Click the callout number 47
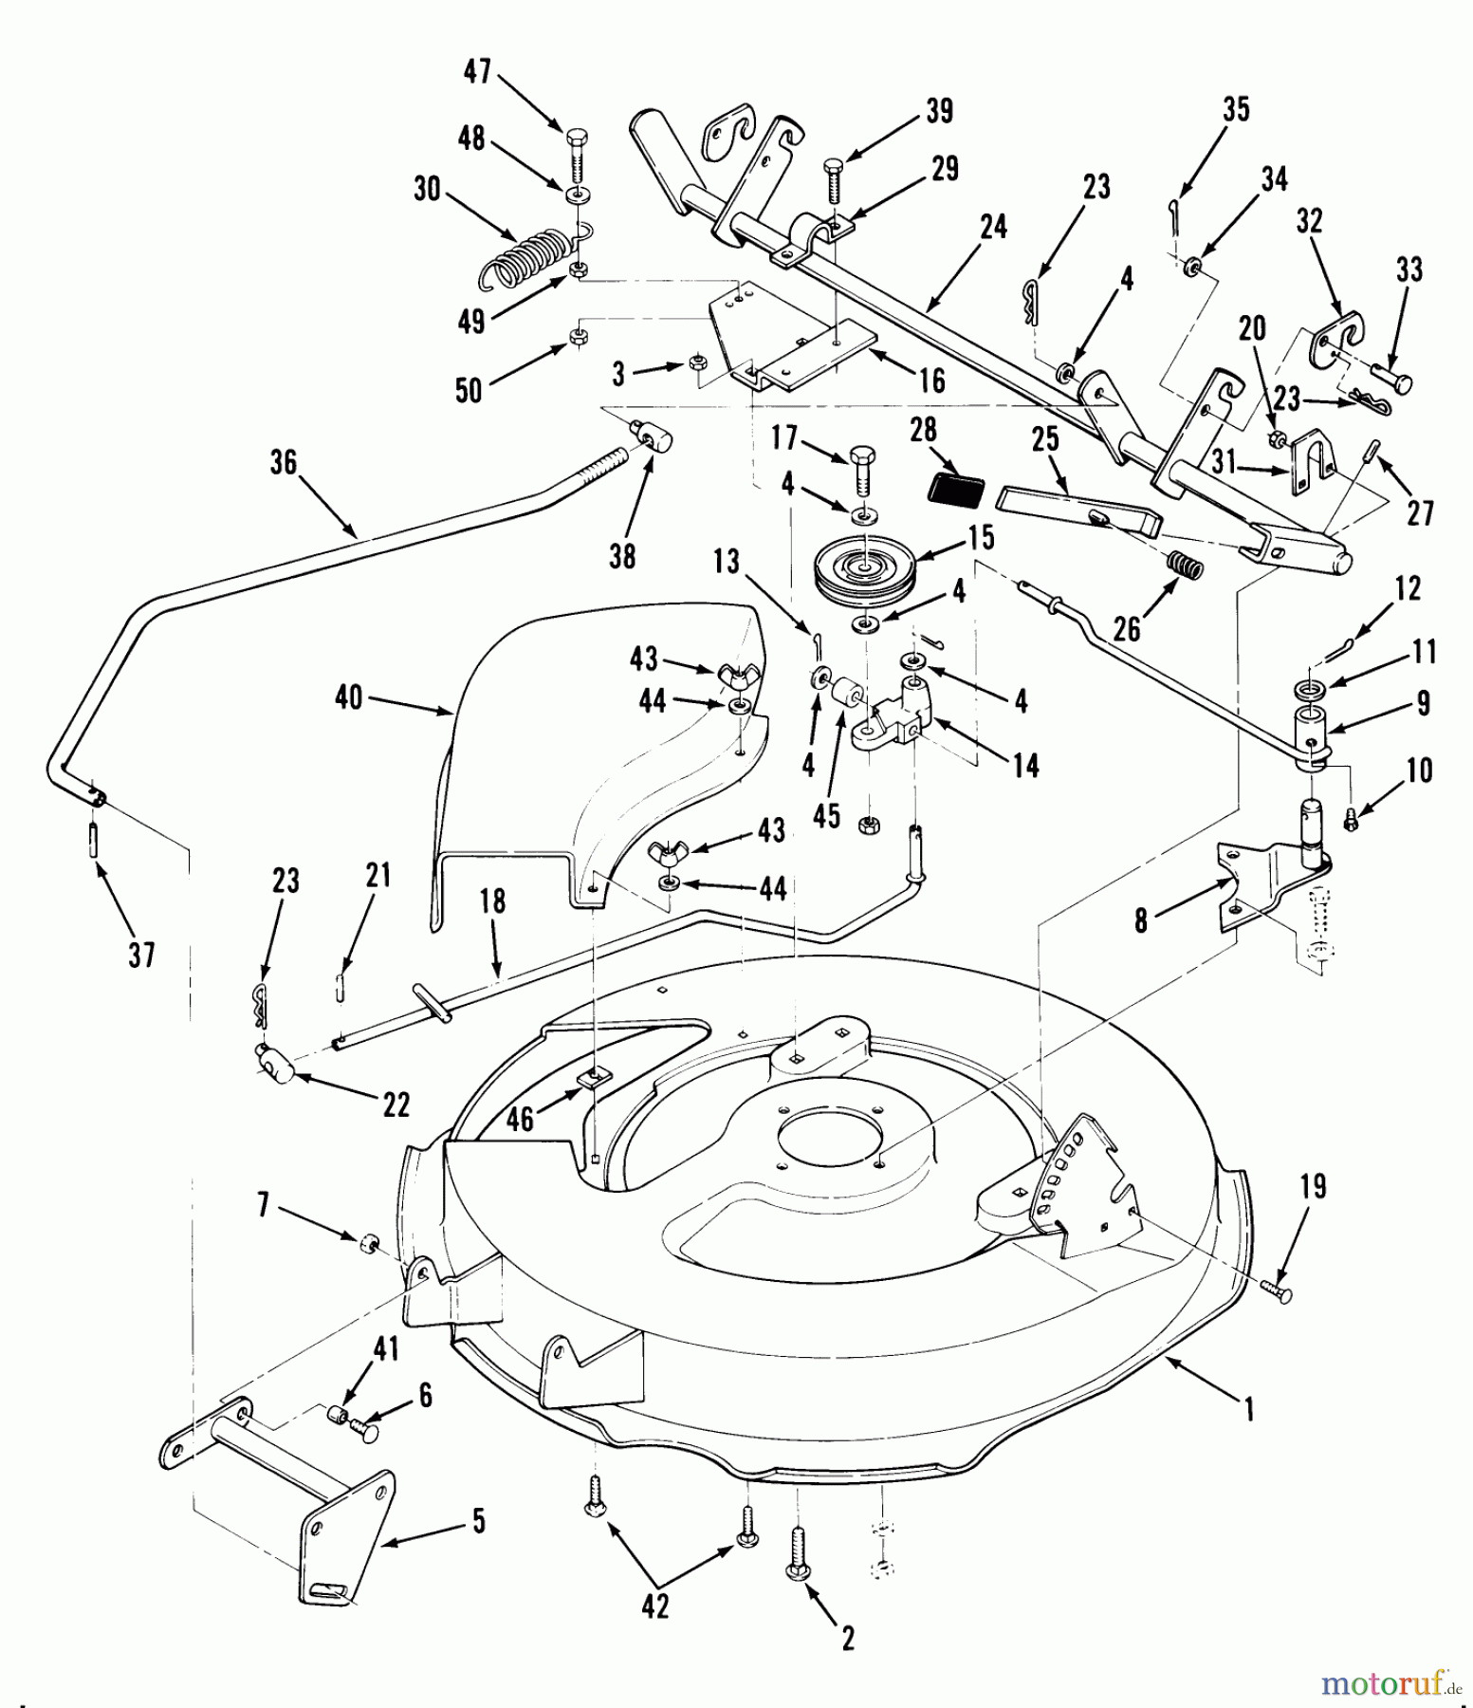(x=477, y=71)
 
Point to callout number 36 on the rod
(x=283, y=462)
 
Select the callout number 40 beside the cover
(x=348, y=697)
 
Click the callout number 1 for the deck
(x=1249, y=1410)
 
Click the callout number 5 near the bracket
(x=479, y=1522)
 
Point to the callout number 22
(x=396, y=1104)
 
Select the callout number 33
(x=1409, y=270)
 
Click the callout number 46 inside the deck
(x=519, y=1120)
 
